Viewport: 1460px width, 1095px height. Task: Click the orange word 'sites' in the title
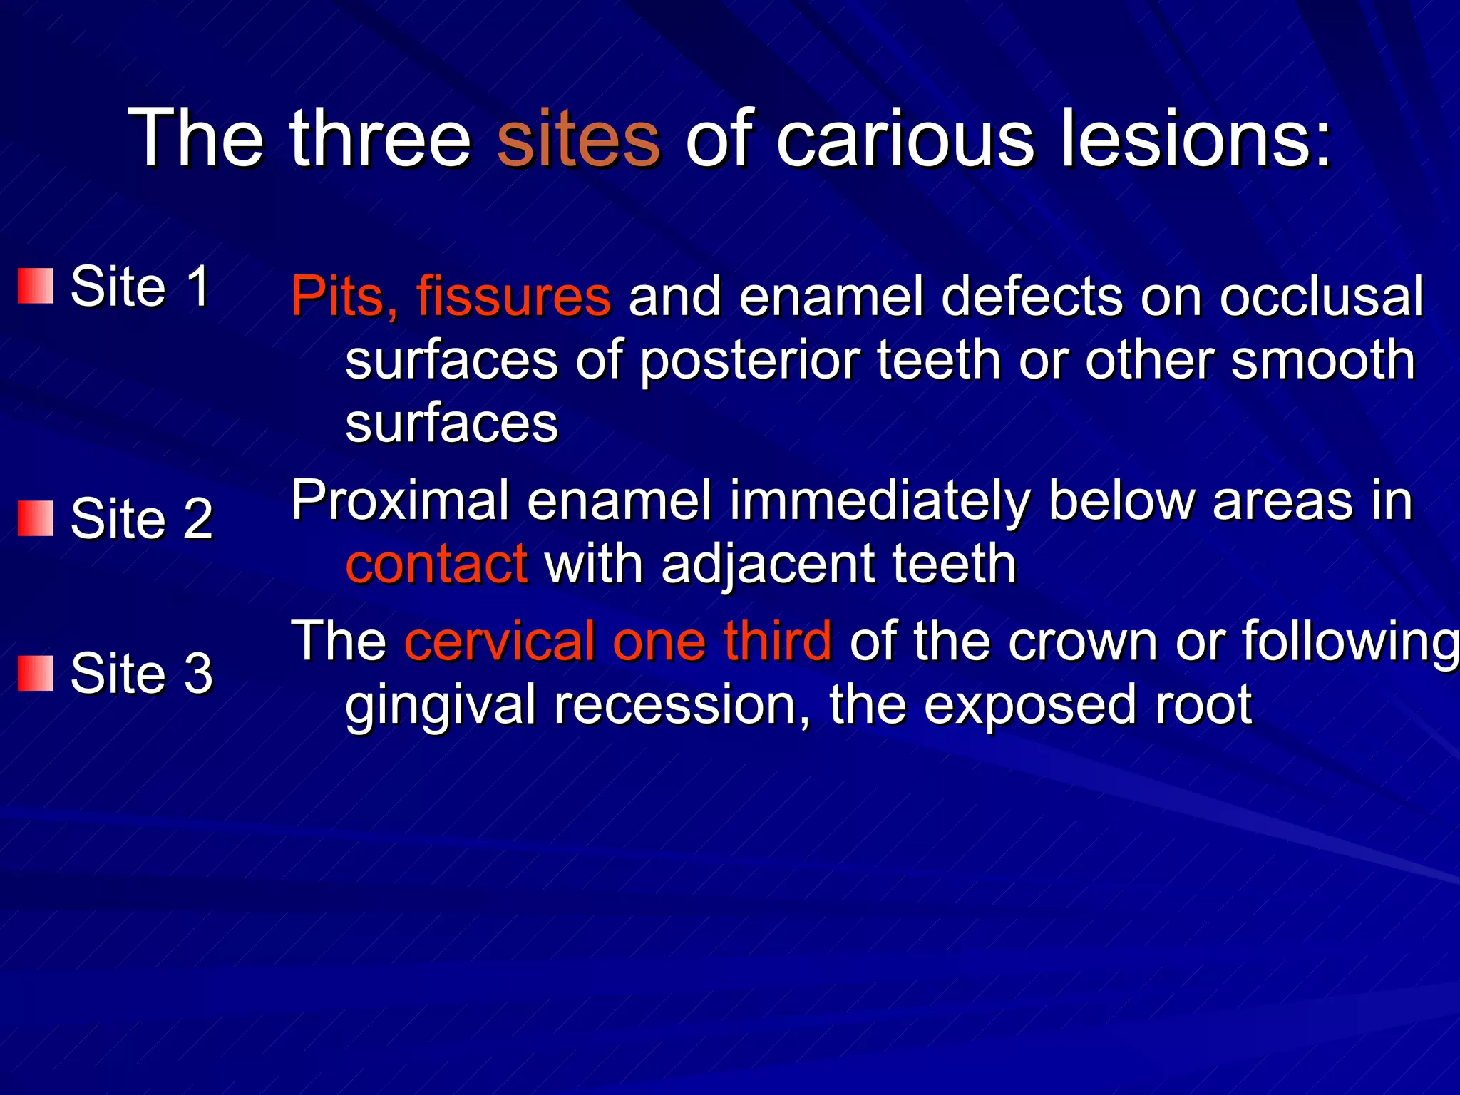tap(578, 138)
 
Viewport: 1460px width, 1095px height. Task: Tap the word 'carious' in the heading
tap(904, 138)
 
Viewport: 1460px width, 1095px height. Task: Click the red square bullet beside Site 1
tap(36, 286)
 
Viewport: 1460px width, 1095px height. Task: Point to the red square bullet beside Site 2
tap(36, 518)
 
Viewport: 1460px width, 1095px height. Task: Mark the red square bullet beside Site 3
tap(36, 673)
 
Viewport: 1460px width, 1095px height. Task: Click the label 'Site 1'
tap(140, 287)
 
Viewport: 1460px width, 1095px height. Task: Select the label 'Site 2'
tap(142, 518)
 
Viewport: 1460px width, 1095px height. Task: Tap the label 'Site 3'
tap(142, 673)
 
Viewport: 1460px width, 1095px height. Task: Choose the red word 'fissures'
tap(513, 297)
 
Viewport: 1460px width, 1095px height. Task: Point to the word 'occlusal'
tap(1321, 297)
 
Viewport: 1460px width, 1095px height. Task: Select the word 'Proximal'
tap(400, 501)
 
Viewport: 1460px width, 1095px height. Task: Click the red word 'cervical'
tap(500, 641)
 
